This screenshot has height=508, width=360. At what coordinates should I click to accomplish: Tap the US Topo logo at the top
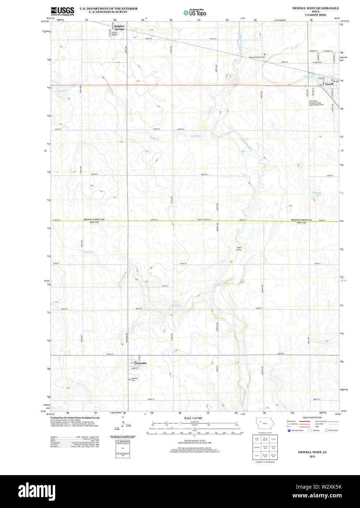[x=195, y=13]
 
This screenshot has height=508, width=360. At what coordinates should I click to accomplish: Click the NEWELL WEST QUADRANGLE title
[x=315, y=8]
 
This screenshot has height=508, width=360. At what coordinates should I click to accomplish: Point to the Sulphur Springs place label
[x=119, y=27]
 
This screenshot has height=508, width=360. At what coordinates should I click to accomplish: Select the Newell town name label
[x=329, y=84]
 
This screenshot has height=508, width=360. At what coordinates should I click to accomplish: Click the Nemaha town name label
[x=142, y=363]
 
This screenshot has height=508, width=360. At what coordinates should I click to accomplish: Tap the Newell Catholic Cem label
[x=257, y=57]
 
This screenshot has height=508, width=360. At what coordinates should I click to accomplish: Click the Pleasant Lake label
[x=316, y=194]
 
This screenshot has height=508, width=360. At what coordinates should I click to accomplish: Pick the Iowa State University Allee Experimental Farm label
[x=316, y=103]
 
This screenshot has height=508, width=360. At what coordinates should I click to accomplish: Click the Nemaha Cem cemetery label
[x=134, y=379]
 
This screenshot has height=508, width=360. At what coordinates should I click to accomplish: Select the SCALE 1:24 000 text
[x=193, y=418]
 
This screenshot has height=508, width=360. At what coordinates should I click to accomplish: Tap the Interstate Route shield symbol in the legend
[x=289, y=431]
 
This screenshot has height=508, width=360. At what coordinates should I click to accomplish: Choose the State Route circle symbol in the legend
[x=327, y=431]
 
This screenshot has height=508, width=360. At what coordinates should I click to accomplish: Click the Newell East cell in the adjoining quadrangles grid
[x=273, y=447]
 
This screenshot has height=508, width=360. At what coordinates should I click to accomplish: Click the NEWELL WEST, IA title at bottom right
[x=312, y=452]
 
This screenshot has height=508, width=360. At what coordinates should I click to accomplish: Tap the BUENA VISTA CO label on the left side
[x=94, y=220]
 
